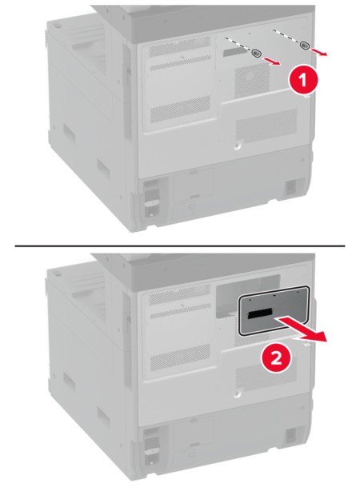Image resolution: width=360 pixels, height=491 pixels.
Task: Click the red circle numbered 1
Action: coord(302,80)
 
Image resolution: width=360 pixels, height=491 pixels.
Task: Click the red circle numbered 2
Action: coord(276,358)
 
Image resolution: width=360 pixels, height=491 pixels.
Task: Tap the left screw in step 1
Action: coord(256,54)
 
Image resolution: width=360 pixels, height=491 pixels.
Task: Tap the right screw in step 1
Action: coord(304,45)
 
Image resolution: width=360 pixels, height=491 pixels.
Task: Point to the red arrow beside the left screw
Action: coord(272,62)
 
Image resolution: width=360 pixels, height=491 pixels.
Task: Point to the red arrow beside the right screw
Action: coord(319,52)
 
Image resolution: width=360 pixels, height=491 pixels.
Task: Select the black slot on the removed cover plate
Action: coord(260,313)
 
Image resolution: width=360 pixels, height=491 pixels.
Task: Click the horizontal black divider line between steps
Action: coord(180,245)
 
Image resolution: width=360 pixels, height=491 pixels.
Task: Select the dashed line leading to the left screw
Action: coord(238,45)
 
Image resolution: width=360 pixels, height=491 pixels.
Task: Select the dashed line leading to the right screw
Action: coord(286,37)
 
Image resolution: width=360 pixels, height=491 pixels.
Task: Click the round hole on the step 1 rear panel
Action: coord(237,146)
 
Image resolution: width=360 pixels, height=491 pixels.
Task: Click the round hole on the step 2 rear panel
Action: coord(237,393)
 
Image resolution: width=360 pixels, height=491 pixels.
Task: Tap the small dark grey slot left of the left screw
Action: coord(237,52)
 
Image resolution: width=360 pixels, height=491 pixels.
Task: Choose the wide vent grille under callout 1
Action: coord(266,125)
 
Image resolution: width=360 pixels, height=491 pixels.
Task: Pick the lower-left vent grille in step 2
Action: coord(180,357)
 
